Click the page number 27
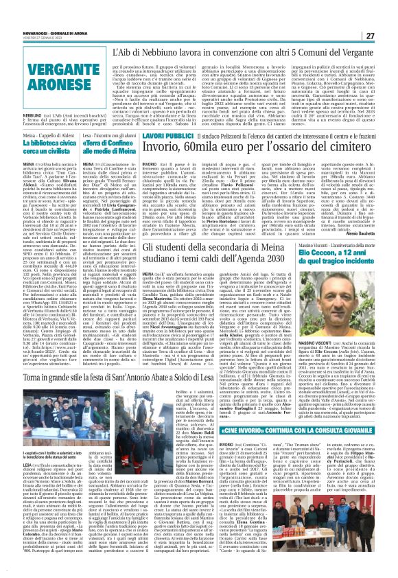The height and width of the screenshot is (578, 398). pyautogui.click(x=388, y=16)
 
